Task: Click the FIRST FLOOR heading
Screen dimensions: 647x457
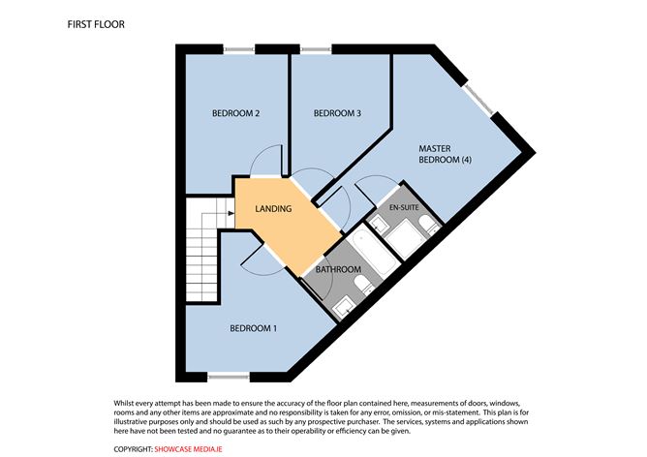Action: (96, 24)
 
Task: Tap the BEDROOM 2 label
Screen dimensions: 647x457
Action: (235, 113)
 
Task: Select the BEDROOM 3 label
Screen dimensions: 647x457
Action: (337, 113)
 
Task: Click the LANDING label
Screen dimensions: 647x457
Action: (273, 209)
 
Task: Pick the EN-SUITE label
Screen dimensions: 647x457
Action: (404, 207)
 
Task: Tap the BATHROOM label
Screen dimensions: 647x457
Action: (338, 269)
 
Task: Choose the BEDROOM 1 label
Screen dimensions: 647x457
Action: (254, 328)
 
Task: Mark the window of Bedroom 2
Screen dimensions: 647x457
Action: (239, 49)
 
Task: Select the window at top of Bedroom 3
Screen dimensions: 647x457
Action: (316, 49)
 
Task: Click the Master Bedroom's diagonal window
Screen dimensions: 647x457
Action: (478, 100)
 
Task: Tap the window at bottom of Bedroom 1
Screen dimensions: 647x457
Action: (229, 377)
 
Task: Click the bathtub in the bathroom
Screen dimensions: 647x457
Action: (372, 252)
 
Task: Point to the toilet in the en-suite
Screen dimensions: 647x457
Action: (428, 226)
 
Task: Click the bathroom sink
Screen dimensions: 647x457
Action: (343, 308)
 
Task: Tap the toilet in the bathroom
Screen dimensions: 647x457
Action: (362, 285)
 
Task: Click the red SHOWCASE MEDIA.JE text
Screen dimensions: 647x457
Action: (188, 449)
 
